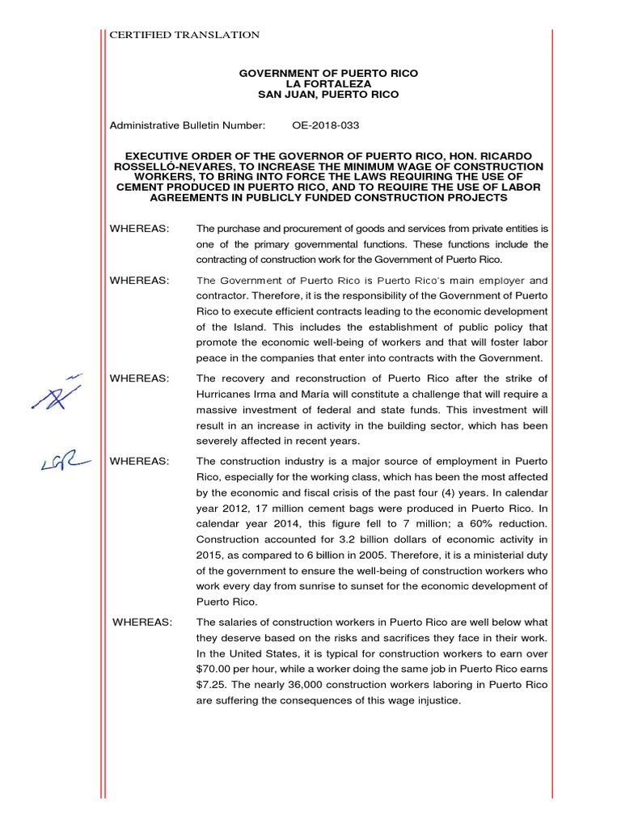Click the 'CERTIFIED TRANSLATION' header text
tap(184, 35)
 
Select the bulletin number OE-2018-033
tap(326, 126)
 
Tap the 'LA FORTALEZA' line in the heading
tap(328, 84)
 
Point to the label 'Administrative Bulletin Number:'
tap(187, 126)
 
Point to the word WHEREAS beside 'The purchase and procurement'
tap(139, 229)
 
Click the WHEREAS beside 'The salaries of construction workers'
tap(142, 622)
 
